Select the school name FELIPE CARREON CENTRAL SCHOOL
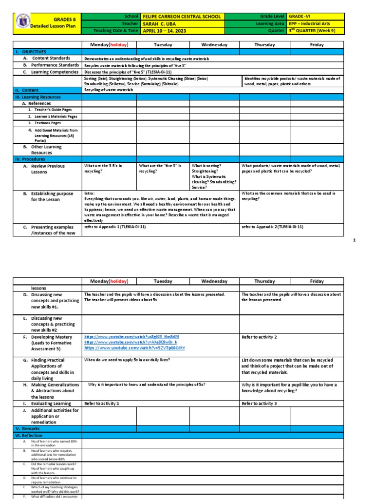tap(182, 16)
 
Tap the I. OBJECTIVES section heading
tap(31, 52)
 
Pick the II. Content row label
tap(27, 90)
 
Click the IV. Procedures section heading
tap(30, 159)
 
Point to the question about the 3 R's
tap(103, 168)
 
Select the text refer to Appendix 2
tap(272, 227)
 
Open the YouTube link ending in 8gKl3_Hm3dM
tap(131, 337)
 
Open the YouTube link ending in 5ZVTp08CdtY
tap(134, 348)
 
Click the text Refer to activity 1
tap(102, 403)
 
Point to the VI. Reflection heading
tap(30, 435)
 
